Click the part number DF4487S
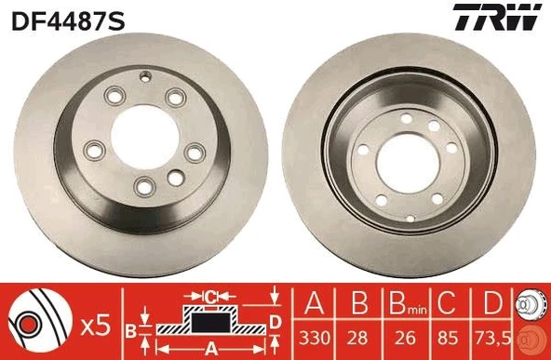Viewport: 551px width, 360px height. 67,19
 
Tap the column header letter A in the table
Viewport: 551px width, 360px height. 314,304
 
